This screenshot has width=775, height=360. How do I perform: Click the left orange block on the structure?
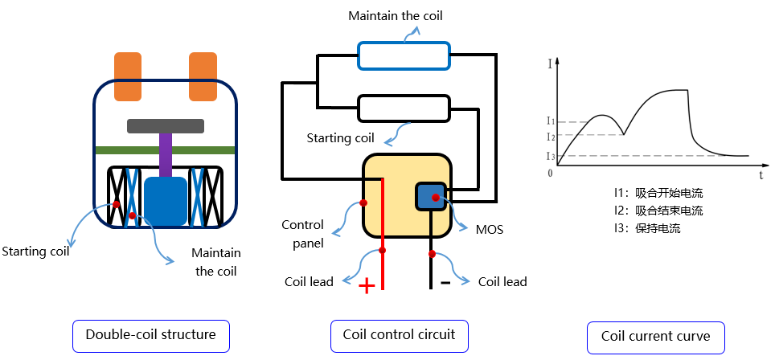[x=128, y=76]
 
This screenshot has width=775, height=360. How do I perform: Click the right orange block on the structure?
[x=203, y=76]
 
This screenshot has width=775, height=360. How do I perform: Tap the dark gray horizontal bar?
[x=165, y=125]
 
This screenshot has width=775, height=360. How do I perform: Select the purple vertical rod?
[x=165, y=154]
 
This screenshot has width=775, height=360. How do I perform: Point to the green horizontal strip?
[x=165, y=149]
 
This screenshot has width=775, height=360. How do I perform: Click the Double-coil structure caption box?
[x=150, y=335]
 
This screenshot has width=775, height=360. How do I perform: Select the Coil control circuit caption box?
[x=399, y=335]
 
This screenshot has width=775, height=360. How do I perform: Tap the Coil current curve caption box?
[x=655, y=336]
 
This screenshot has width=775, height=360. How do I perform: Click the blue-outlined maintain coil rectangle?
[x=404, y=55]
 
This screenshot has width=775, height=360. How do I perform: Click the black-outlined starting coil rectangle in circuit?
[x=403, y=107]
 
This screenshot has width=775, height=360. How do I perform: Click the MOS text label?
[x=489, y=230]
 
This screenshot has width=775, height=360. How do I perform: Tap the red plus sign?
[x=367, y=286]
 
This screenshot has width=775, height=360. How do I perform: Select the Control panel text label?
[x=303, y=234]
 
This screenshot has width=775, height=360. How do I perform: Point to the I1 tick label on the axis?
[x=550, y=121]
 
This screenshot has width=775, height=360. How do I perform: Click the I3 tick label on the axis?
[x=550, y=156]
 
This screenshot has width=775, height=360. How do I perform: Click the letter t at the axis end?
[x=760, y=174]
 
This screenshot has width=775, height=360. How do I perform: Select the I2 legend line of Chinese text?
[x=657, y=211]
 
